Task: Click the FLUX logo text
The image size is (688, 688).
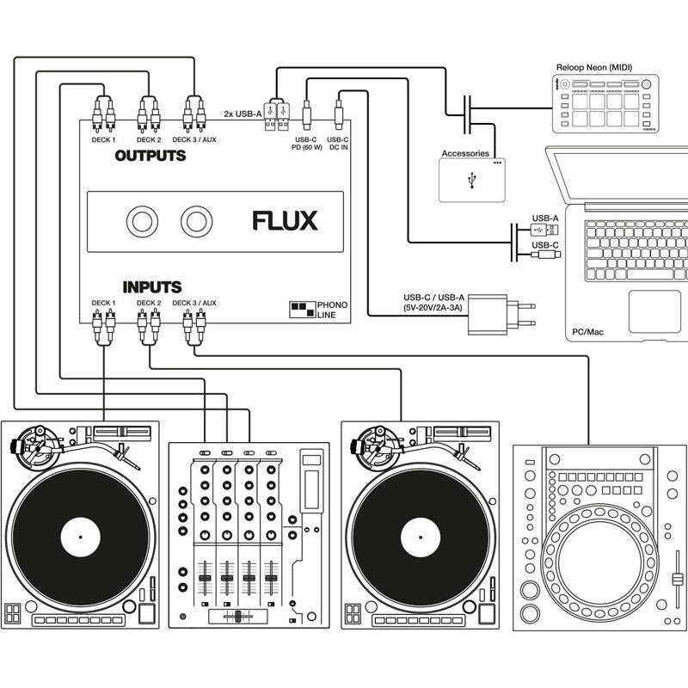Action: [x=285, y=221]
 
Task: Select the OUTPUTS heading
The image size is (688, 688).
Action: [x=150, y=156]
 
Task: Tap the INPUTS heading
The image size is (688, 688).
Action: [x=151, y=286]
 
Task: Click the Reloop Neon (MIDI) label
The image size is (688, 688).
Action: [x=602, y=66]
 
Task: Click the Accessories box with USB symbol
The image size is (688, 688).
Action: [x=472, y=180]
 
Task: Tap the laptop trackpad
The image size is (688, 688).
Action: [x=654, y=310]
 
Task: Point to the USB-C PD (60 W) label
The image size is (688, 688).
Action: [x=306, y=143]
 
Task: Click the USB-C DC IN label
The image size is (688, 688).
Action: [x=338, y=143]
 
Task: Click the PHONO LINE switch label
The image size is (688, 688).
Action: [x=332, y=310]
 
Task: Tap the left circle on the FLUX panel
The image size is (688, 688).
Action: [x=142, y=222]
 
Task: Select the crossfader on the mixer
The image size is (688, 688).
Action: [x=235, y=617]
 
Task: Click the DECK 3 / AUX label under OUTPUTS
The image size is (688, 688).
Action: [x=193, y=138]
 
